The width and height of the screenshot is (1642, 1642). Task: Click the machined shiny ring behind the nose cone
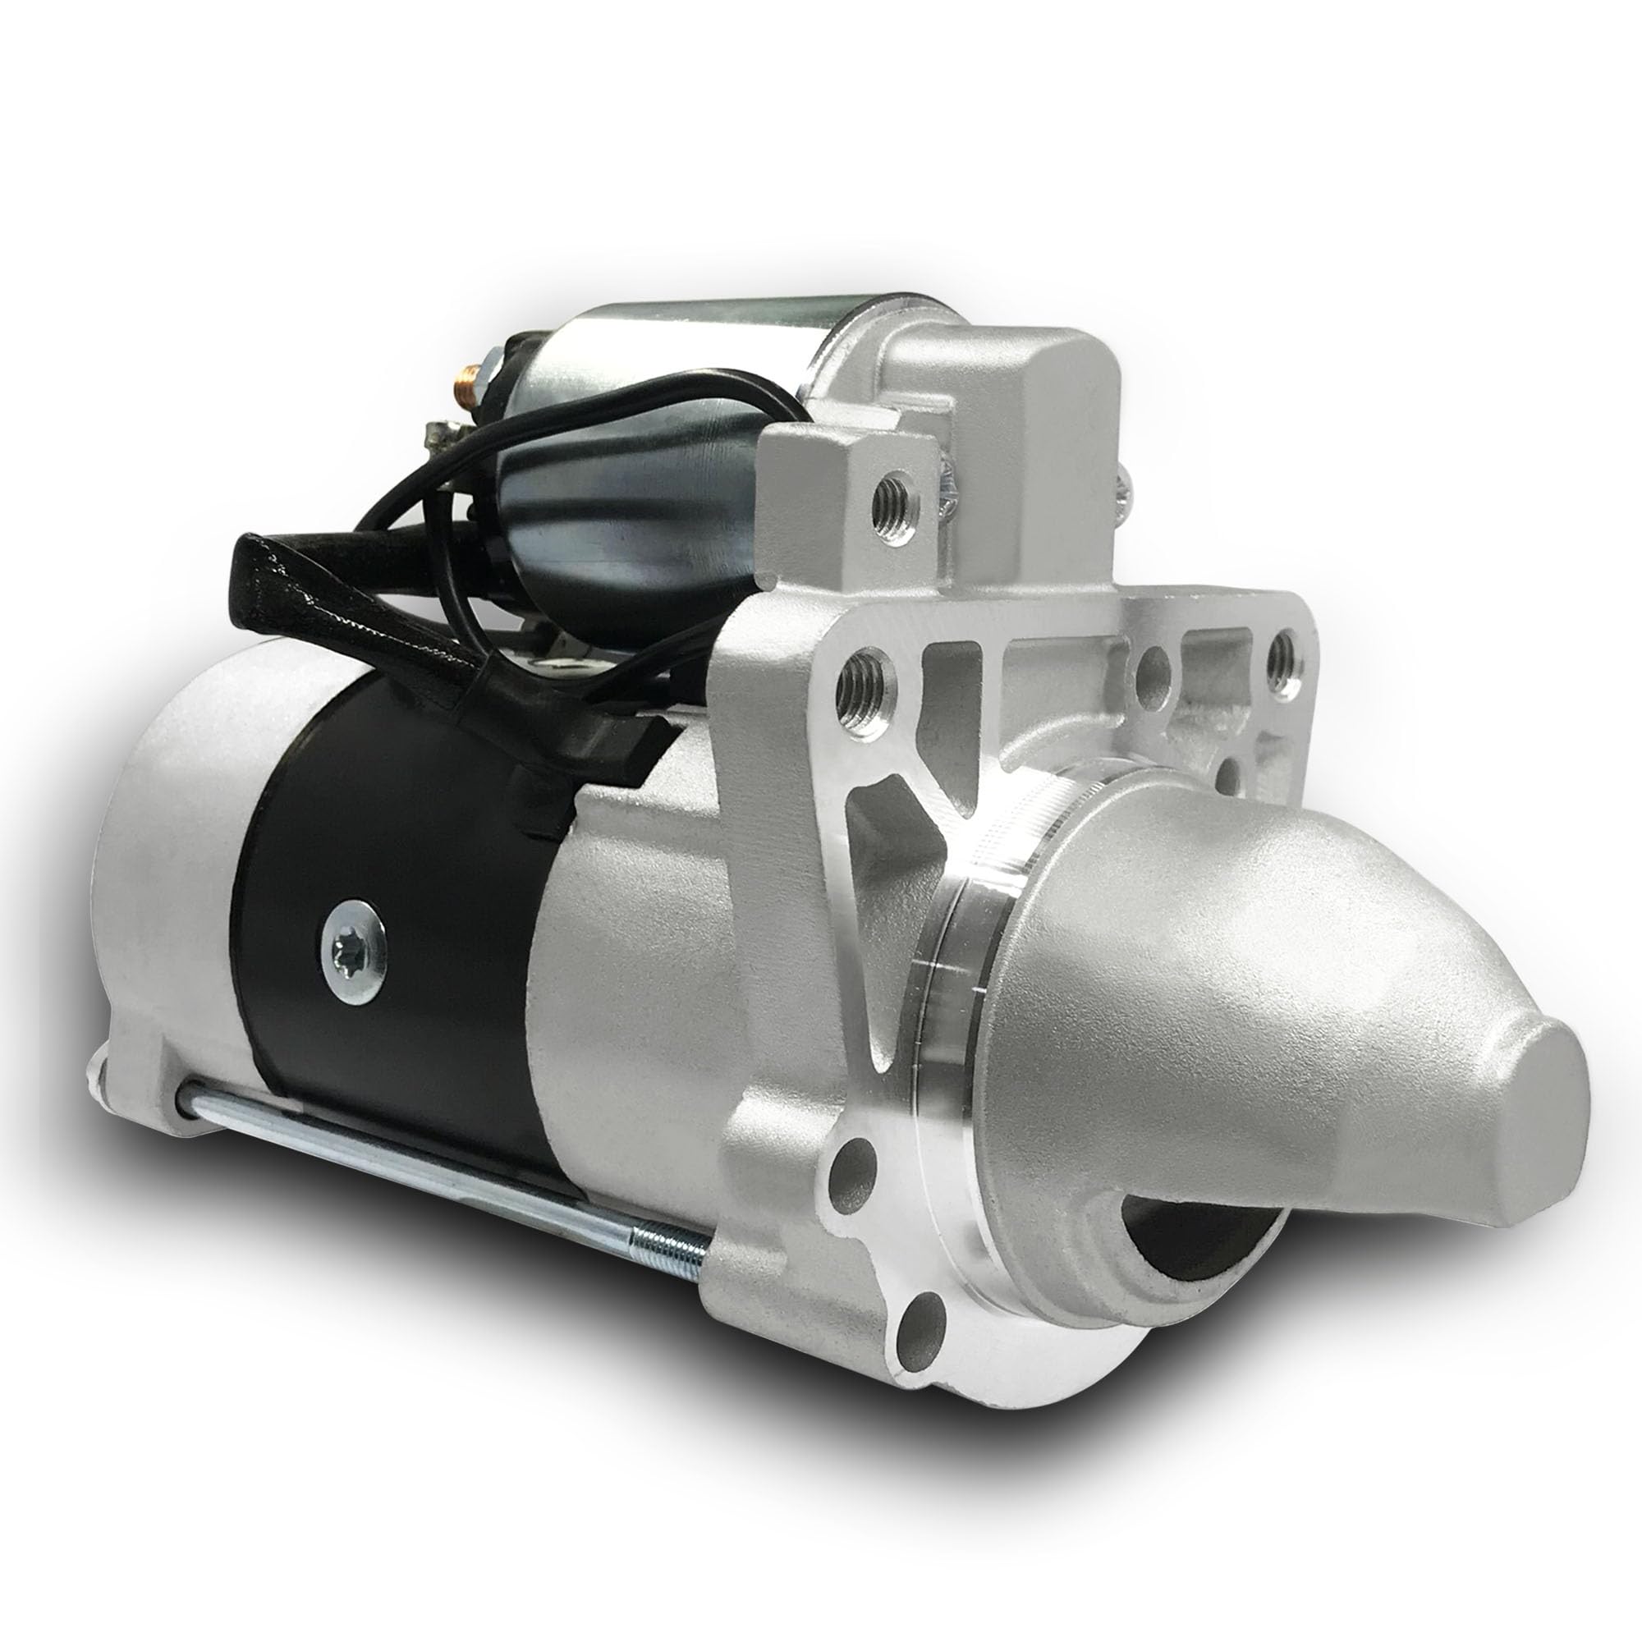pyautogui.click(x=961, y=961)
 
